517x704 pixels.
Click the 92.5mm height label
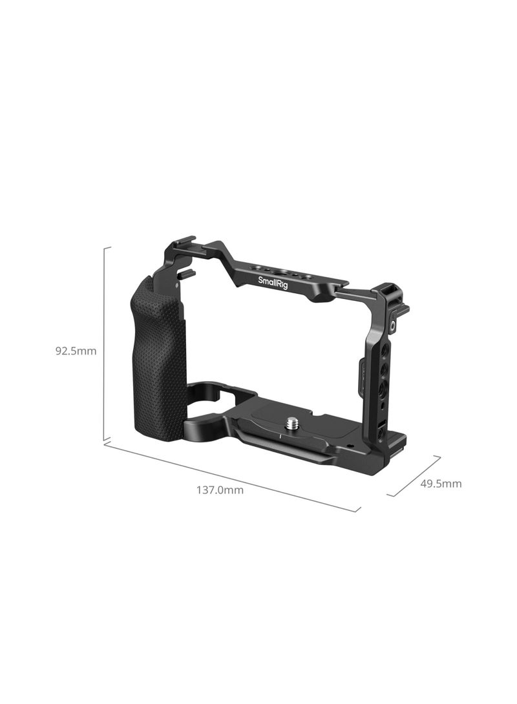[76, 351]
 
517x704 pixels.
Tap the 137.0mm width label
[220, 490]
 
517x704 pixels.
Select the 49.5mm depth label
[441, 484]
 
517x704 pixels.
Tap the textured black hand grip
[159, 355]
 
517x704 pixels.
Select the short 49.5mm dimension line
[414, 476]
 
